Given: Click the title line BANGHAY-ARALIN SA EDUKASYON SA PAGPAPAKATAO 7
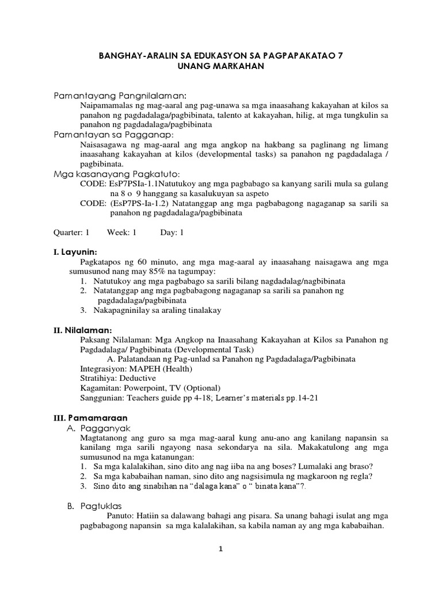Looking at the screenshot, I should pos(220,56).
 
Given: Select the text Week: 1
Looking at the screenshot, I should pos(121,233).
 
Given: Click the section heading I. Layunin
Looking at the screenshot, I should pos(75,253).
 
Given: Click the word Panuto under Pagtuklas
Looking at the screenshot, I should pos(126,517).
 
